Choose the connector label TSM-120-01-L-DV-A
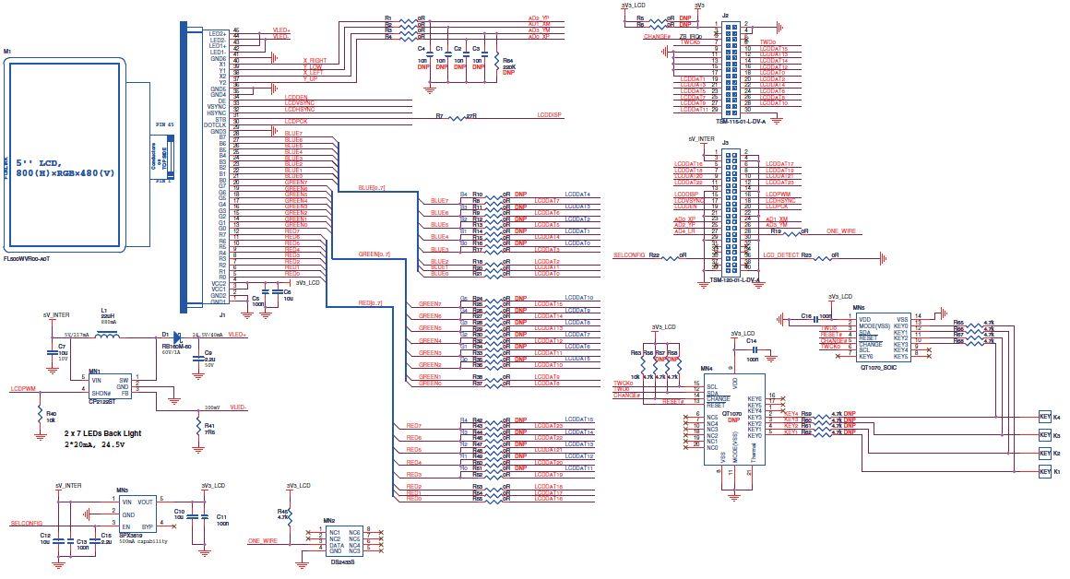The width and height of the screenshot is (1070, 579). [x=733, y=278]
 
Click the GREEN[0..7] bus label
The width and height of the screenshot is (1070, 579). [x=374, y=254]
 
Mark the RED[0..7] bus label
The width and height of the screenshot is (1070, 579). [x=372, y=303]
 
